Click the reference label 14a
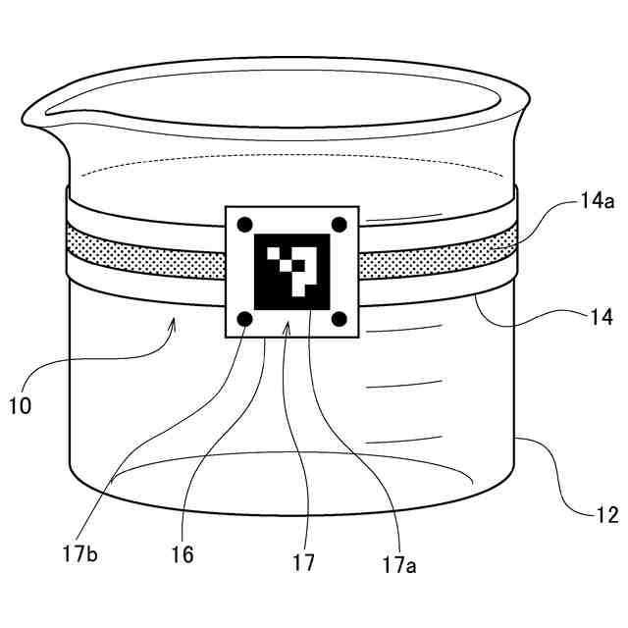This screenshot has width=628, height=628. tap(596, 203)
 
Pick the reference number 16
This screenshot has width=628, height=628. tap(182, 554)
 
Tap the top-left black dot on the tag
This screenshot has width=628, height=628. tap(245, 224)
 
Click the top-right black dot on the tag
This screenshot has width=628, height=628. tap(340, 224)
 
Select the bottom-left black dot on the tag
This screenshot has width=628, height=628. tap(245, 319)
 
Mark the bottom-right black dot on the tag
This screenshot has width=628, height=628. tap(340, 318)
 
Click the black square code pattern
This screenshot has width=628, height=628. tap(292, 272)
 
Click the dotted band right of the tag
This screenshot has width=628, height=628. tap(437, 256)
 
